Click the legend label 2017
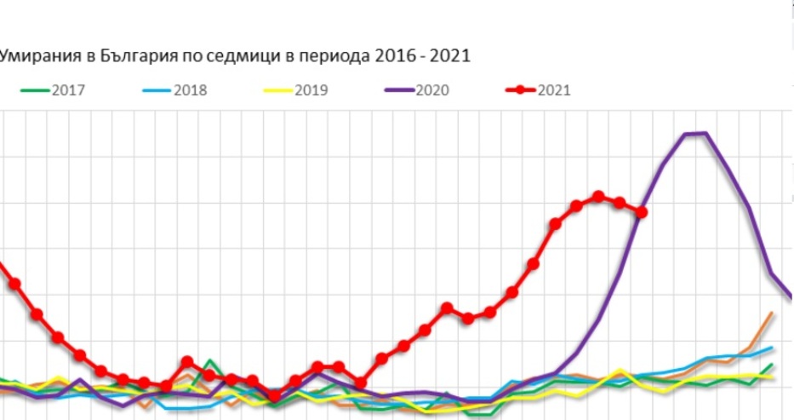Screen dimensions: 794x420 (x=68, y=90)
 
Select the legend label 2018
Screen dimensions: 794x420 (x=191, y=90)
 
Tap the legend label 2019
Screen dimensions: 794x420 (x=311, y=90)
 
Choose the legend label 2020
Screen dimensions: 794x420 (x=432, y=90)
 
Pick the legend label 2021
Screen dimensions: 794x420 (x=554, y=90)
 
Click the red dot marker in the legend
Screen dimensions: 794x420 (x=520, y=90)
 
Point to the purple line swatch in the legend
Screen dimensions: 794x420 (x=399, y=90)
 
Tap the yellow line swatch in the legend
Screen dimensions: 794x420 (x=278, y=90)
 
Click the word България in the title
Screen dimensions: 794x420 (x=139, y=55)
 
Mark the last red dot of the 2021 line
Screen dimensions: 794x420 (x=642, y=212)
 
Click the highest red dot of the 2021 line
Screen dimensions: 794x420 (x=598, y=197)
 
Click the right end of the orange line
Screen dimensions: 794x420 (x=772, y=314)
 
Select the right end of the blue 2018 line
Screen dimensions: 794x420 (x=772, y=348)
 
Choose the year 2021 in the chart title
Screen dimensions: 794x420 (x=450, y=55)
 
